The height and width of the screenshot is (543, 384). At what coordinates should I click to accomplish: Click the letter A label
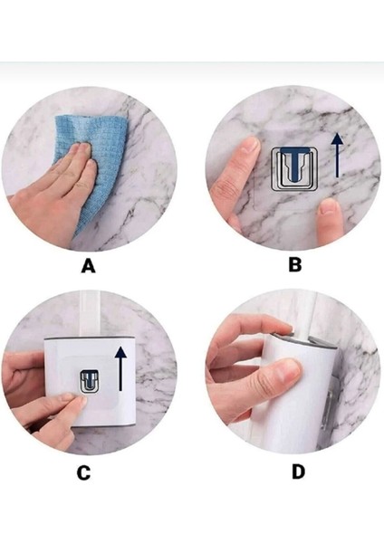click(88, 267)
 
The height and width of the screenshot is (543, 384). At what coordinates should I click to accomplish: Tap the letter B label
click(295, 265)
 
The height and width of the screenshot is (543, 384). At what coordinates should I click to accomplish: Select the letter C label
click(83, 473)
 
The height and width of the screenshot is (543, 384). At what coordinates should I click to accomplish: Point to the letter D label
click(298, 472)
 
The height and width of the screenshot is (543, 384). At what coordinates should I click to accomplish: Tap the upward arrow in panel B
click(337, 156)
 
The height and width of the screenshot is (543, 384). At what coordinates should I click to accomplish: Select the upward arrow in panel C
click(120, 369)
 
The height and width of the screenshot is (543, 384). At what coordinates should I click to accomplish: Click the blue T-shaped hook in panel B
click(294, 163)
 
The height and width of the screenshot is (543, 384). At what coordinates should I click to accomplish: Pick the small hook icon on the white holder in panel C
click(90, 382)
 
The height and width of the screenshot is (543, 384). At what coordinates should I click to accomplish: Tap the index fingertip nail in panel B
click(251, 145)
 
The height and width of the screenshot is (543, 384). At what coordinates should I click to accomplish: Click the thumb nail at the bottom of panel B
click(329, 206)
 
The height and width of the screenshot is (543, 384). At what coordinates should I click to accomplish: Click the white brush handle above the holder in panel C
click(90, 314)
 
